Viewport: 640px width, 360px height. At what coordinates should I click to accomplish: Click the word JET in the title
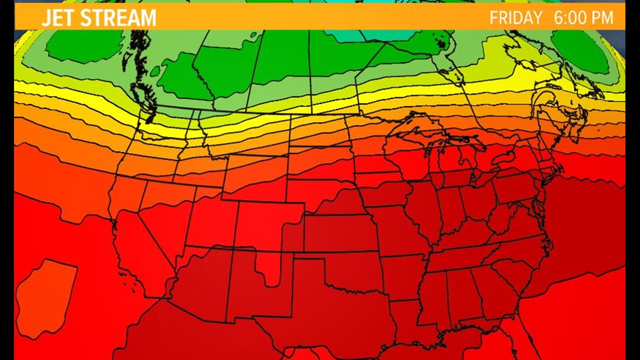point(58,18)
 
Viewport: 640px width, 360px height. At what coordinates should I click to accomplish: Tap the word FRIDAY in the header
point(515,18)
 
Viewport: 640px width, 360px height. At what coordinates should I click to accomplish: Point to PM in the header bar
point(602,18)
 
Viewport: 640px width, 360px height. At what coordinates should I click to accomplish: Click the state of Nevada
point(163,208)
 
